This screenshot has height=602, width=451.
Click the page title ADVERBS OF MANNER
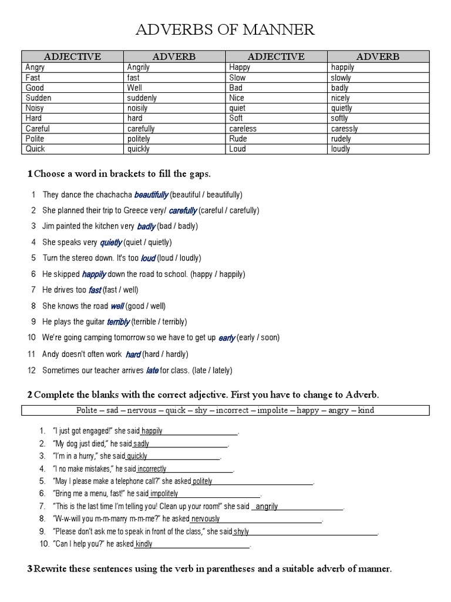pyautogui.click(x=225, y=30)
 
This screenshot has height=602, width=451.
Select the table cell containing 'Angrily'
pyautogui.click(x=139, y=67)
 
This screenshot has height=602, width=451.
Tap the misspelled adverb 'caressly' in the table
pyautogui.click(x=344, y=129)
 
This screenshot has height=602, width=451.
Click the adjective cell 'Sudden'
pyautogui.click(x=38, y=98)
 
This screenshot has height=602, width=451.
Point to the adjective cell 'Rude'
pyautogui.click(x=240, y=139)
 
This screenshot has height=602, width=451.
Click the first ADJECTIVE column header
pyautogui.click(x=73, y=56)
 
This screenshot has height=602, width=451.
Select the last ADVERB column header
pyautogui.click(x=378, y=56)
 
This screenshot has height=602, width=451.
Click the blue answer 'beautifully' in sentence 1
pyautogui.click(x=152, y=195)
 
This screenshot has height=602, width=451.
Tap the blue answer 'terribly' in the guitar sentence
pyautogui.click(x=118, y=322)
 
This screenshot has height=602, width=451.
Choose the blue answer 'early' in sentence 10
pyautogui.click(x=227, y=338)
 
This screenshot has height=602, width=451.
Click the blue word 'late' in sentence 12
pyautogui.click(x=152, y=370)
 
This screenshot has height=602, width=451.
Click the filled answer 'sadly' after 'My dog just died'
pyautogui.click(x=142, y=444)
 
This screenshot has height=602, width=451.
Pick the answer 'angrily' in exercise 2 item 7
pyautogui.click(x=267, y=506)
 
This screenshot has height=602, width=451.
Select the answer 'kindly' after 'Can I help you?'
pyautogui.click(x=144, y=544)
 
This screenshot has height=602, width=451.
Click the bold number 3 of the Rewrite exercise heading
pyautogui.click(x=30, y=568)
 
